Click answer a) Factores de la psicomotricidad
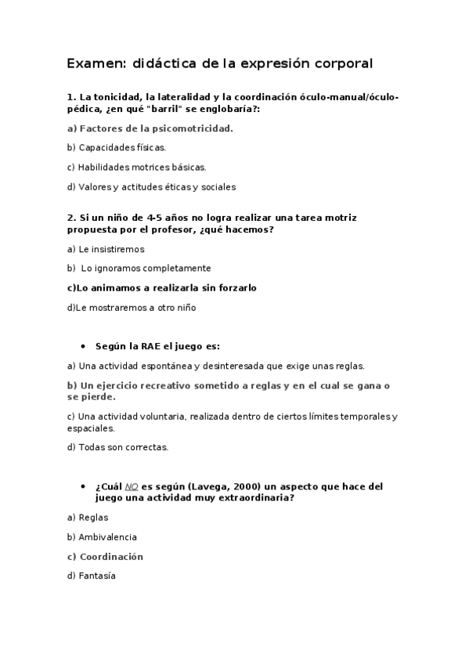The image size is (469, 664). pyautogui.click(x=150, y=128)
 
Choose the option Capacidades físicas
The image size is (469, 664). pyautogui.click(x=117, y=147)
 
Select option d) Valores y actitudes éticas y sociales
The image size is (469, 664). pyautogui.click(x=152, y=186)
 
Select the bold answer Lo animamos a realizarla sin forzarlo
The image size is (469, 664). pyautogui.click(x=162, y=287)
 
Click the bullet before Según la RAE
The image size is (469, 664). pyautogui.click(x=83, y=345)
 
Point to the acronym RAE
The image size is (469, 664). pyautogui.click(x=152, y=345)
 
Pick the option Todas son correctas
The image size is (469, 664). pyautogui.click(x=117, y=447)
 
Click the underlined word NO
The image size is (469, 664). pyautogui.click(x=131, y=486)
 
